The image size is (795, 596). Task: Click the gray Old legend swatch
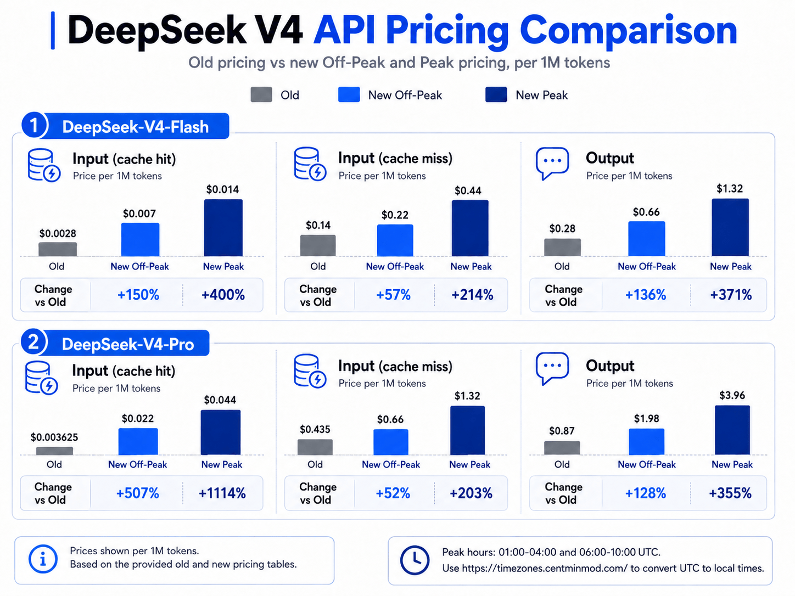(x=261, y=95)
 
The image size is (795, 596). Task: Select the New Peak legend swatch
(x=496, y=95)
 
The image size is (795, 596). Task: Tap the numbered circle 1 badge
(x=33, y=125)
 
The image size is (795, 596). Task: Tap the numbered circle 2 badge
(x=33, y=342)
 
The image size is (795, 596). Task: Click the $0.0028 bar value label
(x=58, y=233)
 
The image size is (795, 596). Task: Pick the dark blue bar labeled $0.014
(x=223, y=228)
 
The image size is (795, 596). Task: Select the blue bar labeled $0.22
(x=395, y=240)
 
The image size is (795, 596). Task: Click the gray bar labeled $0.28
(x=562, y=247)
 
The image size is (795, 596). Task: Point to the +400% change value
(x=223, y=295)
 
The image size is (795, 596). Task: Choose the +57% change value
(x=393, y=295)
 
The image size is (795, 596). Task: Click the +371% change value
(x=731, y=295)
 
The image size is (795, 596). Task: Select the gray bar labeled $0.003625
(x=54, y=451)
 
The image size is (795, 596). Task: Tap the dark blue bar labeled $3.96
(x=732, y=430)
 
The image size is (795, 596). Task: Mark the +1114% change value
(x=222, y=493)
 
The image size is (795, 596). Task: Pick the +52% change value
(x=393, y=493)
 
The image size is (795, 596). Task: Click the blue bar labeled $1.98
(x=647, y=441)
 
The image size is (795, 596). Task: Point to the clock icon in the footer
(x=415, y=560)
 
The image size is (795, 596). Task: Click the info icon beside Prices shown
(x=43, y=559)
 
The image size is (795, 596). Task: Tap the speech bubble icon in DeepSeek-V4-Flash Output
(x=552, y=163)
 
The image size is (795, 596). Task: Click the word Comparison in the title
(x=629, y=32)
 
